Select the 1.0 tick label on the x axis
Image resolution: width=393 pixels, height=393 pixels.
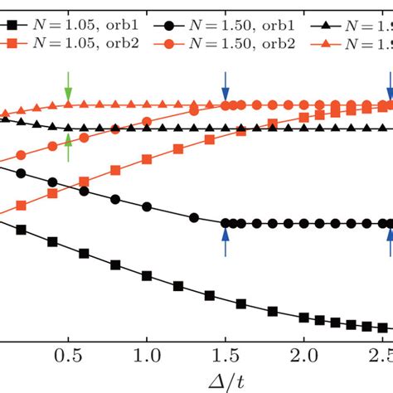pos(147,354)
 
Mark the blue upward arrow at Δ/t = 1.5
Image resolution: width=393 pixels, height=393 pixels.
pos(225,241)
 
